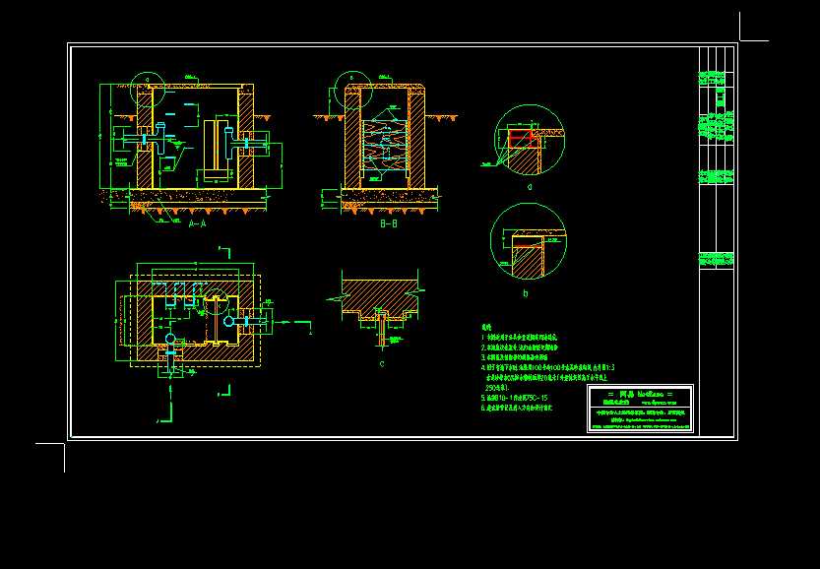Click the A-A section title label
tap(197, 224)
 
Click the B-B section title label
tap(388, 224)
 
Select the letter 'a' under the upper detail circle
tap(530, 185)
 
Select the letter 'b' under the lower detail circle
tap(526, 293)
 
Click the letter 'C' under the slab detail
tap(382, 363)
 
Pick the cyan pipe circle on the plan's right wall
tap(229, 320)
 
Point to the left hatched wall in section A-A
tap(144, 138)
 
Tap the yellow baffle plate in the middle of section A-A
tap(210, 148)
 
